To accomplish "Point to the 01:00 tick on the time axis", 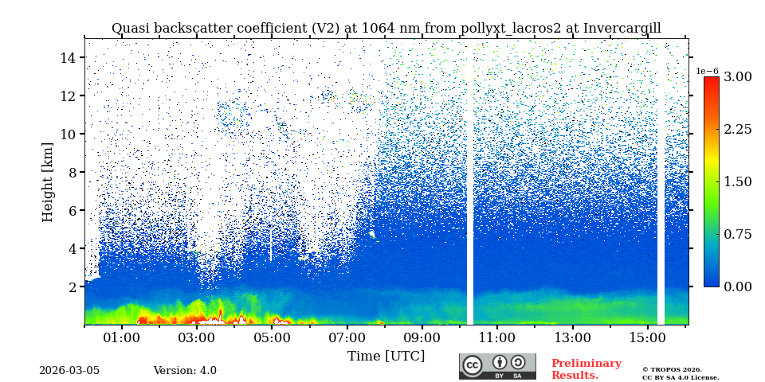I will point(121,337).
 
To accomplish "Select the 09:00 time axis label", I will point(422,337).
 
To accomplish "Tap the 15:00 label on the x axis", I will point(647,337).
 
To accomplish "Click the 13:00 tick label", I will point(572,337).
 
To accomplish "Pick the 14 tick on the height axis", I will point(67,57).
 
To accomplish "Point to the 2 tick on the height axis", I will point(71,286).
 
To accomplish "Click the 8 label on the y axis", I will point(71,172).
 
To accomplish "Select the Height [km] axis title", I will point(48,181).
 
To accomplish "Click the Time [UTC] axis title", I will point(386,356).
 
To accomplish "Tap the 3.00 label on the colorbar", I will point(738,77).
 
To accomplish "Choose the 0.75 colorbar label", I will point(738,234).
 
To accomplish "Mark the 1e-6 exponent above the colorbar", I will point(708,71).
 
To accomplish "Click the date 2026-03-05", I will point(69,371).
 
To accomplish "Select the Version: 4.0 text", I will point(185,371).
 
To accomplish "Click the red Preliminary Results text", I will point(586,369).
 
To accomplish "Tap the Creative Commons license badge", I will point(497,366).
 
